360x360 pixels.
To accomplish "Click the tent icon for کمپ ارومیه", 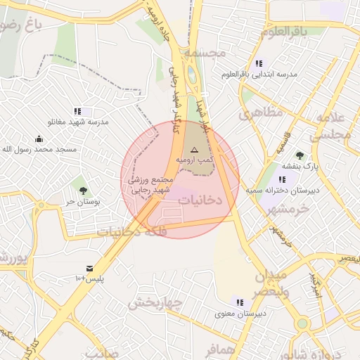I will [195, 150].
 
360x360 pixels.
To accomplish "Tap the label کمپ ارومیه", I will [195, 162].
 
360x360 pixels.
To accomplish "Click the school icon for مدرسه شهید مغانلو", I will [77, 111].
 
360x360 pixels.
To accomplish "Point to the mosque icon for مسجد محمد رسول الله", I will [39, 139].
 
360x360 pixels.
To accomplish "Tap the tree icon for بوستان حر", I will [84, 191].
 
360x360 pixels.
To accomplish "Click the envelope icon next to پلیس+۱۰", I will [90, 269].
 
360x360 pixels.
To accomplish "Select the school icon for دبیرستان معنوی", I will [240, 302].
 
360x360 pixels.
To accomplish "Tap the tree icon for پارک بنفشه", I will [300, 155].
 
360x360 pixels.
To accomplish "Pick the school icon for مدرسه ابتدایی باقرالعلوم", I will [259, 63].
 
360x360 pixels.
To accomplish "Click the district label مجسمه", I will [205, 53].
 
